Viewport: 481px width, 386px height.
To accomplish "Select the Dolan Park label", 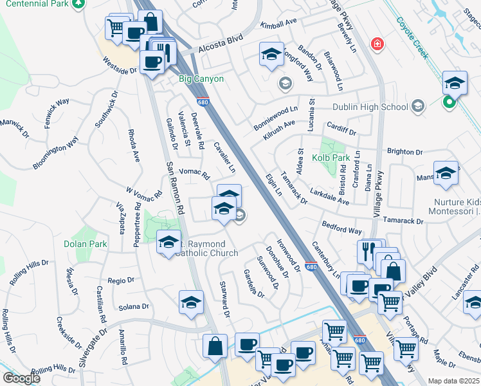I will pos(86,244).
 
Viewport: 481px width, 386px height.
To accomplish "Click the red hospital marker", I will pos(378,44).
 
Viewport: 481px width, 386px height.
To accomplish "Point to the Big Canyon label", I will pos(201,79).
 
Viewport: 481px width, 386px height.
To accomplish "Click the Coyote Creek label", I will pos(412,41).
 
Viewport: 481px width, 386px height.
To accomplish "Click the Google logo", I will pos(21,378).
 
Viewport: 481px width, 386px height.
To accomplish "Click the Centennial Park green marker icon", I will pos(78,4).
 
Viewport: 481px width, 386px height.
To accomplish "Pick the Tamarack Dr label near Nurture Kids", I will pos(403,221).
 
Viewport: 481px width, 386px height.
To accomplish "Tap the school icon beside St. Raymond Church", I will pos(168,241).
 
